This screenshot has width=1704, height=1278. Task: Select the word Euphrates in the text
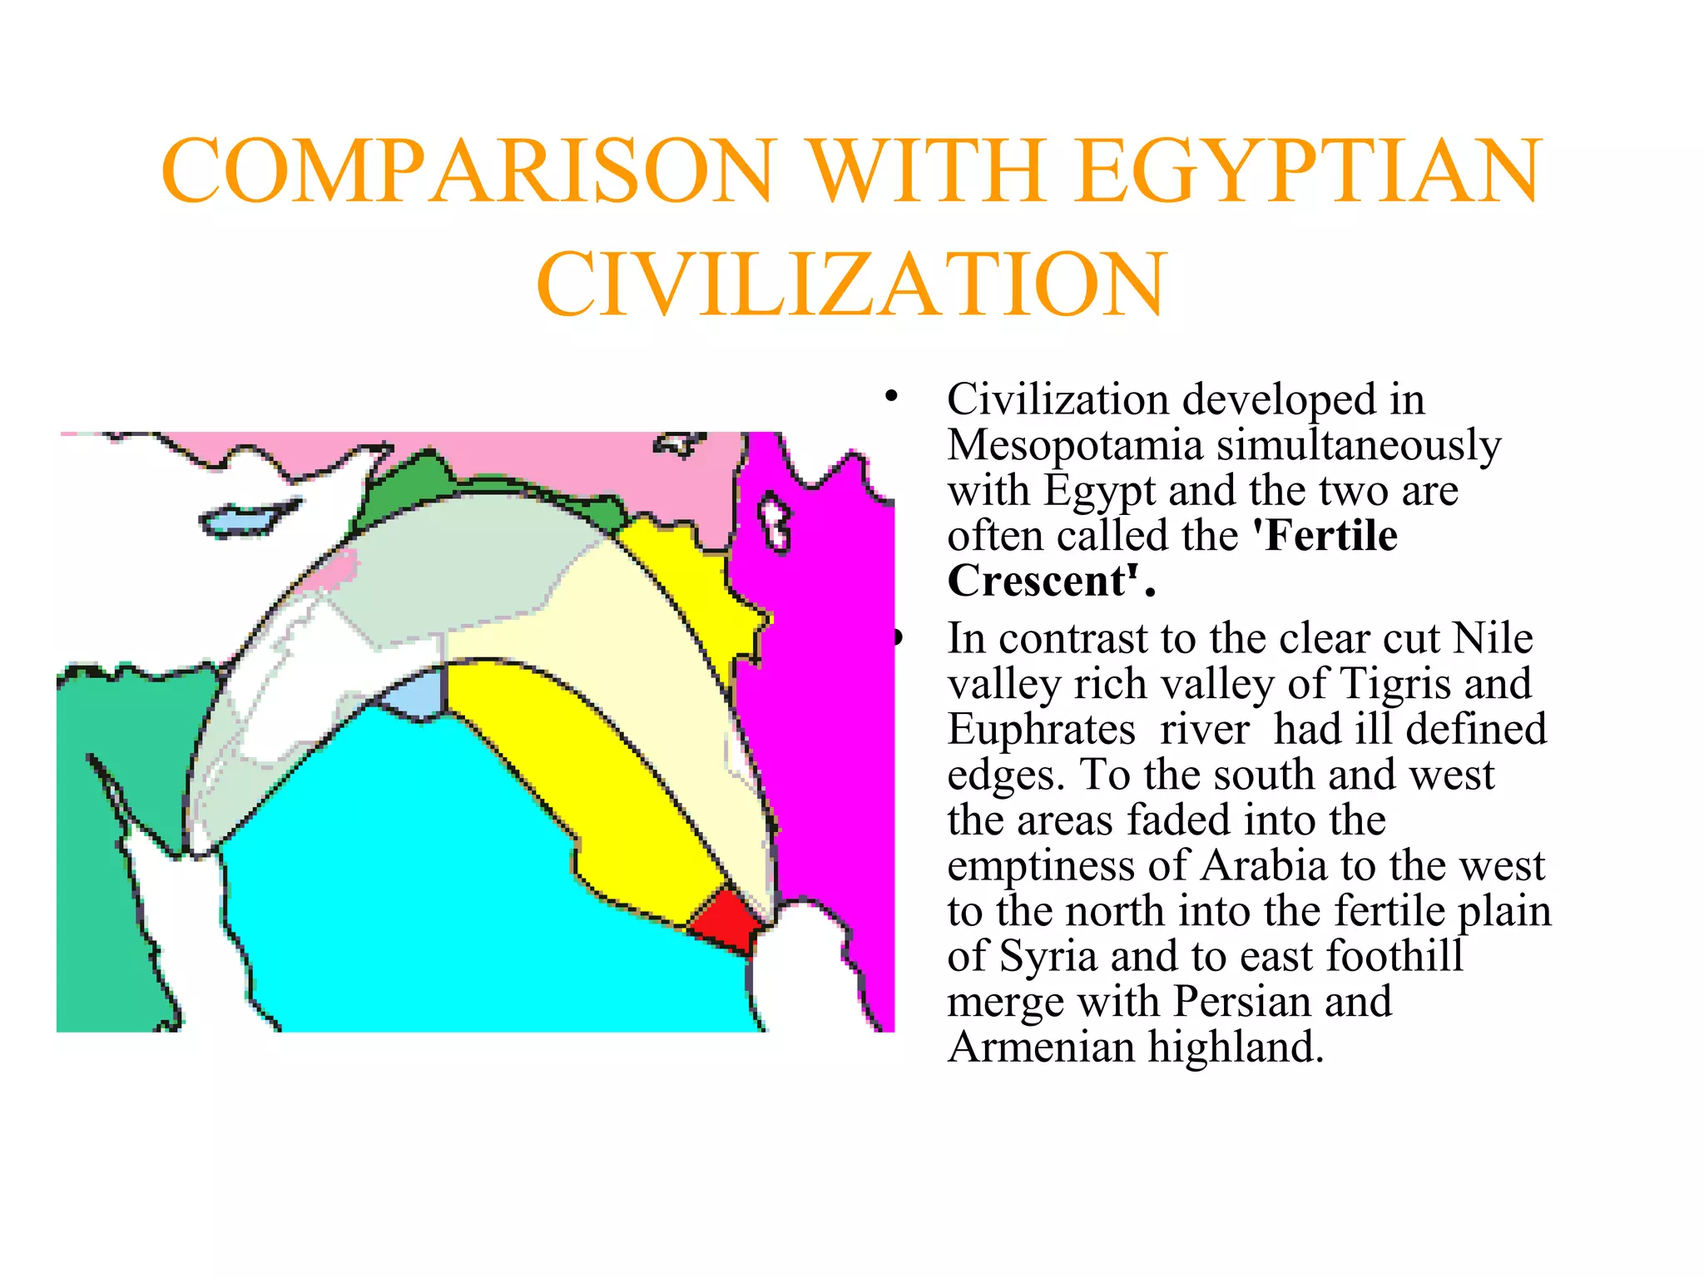pyautogui.click(x=1041, y=730)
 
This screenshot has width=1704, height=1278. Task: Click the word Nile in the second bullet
pyautogui.click(x=1492, y=639)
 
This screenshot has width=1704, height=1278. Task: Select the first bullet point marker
pyautogui.click(x=892, y=396)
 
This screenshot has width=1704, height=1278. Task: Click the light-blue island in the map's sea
pyautogui.click(x=245, y=519)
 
